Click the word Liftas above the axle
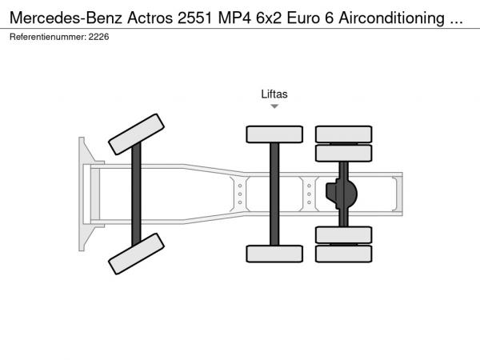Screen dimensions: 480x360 tap(274, 94)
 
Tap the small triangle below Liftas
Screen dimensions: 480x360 tap(274, 106)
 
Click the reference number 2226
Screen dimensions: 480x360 tap(98, 37)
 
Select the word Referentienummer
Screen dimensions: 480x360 tap(48, 37)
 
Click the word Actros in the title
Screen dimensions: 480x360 tap(150, 18)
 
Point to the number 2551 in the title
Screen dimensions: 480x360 tap(195, 18)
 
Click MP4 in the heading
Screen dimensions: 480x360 tap(234, 18)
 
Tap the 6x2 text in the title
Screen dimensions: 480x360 tap(269, 18)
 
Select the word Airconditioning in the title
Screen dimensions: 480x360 tap(391, 18)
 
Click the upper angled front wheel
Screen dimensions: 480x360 tap(137, 134)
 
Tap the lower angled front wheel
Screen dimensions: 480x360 tap(137, 254)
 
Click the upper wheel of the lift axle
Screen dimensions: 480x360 tap(274, 134)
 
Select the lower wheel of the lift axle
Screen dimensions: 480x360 tap(274, 254)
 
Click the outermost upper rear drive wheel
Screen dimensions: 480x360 tap(344, 134)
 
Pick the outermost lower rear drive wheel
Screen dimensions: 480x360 tap(344, 254)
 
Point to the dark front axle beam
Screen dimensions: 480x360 tap(136, 194)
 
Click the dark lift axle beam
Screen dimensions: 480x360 tap(274, 194)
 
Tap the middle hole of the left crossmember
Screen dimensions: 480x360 tap(240, 194)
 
